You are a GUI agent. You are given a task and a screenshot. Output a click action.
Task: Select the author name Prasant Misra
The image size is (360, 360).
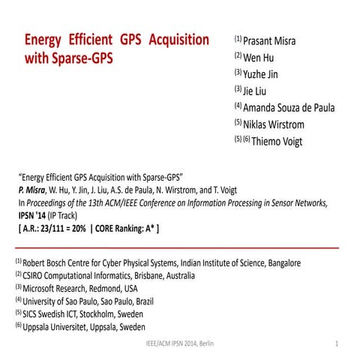tap(268, 40)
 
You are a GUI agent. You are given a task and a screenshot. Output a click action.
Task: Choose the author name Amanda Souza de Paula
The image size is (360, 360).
tap(289, 107)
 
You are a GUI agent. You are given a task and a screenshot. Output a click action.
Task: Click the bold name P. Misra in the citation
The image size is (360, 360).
tap(33, 190)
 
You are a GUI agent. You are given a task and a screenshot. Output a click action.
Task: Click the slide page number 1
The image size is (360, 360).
tap(337, 343)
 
